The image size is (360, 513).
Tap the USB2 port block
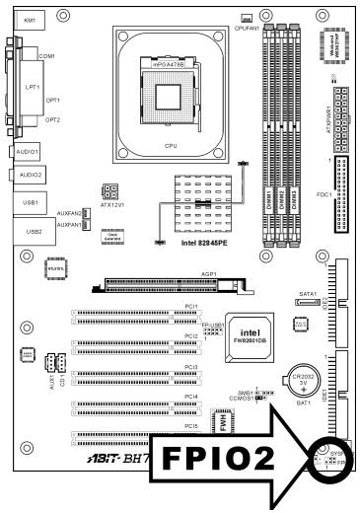(x=28, y=232)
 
